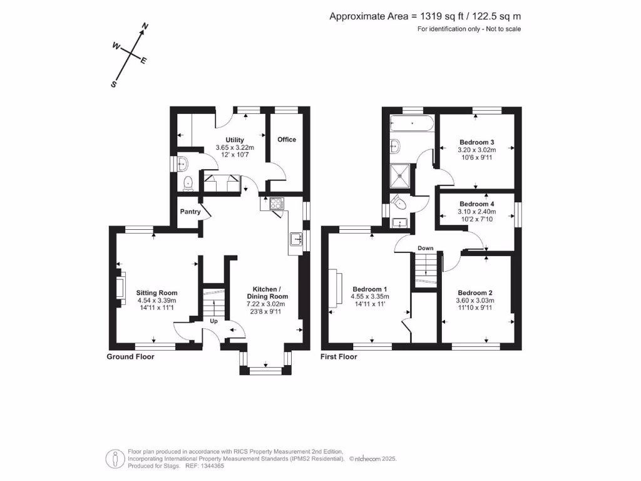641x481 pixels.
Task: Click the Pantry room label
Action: pos(190,212)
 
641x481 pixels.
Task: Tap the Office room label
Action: pos(287,139)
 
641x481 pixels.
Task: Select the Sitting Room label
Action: pos(157,292)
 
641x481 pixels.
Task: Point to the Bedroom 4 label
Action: pos(477,204)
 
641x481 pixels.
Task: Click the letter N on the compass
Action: pos(145,26)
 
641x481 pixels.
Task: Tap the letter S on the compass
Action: pos(114,84)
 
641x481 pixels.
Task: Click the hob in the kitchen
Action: pos(277,203)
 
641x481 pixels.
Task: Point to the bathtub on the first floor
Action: pos(412,123)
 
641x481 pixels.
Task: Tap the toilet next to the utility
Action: pos(187,183)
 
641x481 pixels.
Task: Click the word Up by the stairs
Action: pos(213,321)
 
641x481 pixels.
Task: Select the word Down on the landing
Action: pos(426,248)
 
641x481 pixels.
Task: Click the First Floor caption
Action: pos(339,356)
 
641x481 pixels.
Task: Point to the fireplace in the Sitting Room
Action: pos(119,286)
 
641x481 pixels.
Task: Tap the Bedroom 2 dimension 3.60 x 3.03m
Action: pos(475,301)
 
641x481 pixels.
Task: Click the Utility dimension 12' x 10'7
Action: pos(235,155)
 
